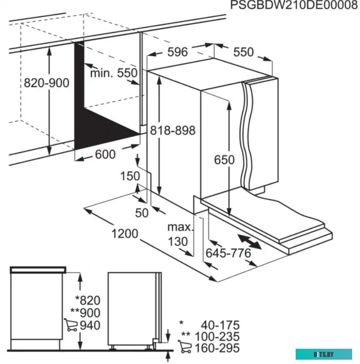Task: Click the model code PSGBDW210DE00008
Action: (291, 6)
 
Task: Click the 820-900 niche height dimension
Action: (47, 83)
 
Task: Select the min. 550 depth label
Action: (113, 73)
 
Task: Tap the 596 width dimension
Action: (177, 52)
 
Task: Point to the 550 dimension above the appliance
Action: (243, 52)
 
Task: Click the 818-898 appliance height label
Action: (173, 130)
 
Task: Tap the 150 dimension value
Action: (130, 176)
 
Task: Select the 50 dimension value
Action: (142, 213)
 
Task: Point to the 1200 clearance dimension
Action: (125, 234)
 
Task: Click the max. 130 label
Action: (180, 234)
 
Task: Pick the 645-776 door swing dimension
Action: (228, 253)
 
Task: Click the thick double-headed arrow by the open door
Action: (250, 242)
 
